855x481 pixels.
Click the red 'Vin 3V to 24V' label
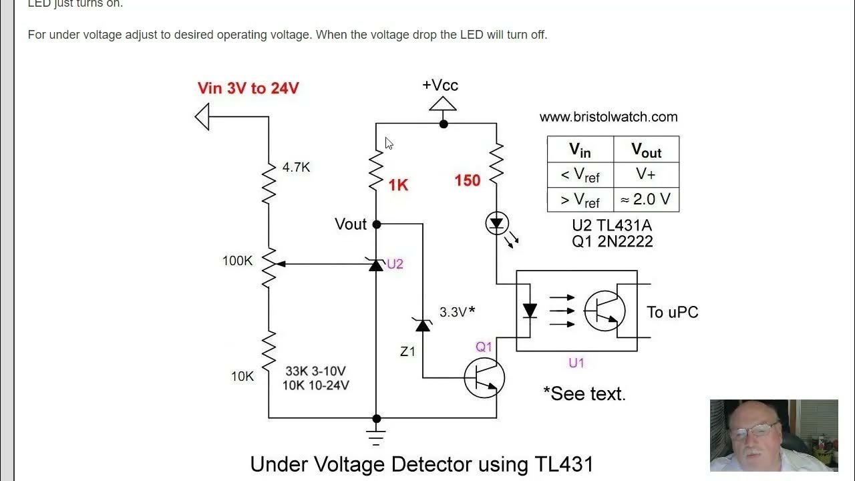point(248,88)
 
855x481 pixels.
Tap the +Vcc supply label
point(440,86)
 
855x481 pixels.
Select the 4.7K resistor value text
point(296,168)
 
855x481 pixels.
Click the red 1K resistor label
point(398,186)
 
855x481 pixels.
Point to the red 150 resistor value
point(467,180)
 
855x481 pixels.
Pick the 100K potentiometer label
point(237,261)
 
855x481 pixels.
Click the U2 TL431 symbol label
point(395,264)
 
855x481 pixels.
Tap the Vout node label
point(351,224)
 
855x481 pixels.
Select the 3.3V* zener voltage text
point(457,311)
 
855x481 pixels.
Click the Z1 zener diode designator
point(407,351)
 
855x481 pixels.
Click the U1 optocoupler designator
point(576,363)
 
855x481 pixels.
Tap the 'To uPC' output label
point(672,312)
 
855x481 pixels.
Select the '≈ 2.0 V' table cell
point(646,199)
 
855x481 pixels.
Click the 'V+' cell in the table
point(646,174)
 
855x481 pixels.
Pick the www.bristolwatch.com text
point(609,117)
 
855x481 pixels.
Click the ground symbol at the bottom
point(376,438)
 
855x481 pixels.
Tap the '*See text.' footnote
point(584,393)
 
